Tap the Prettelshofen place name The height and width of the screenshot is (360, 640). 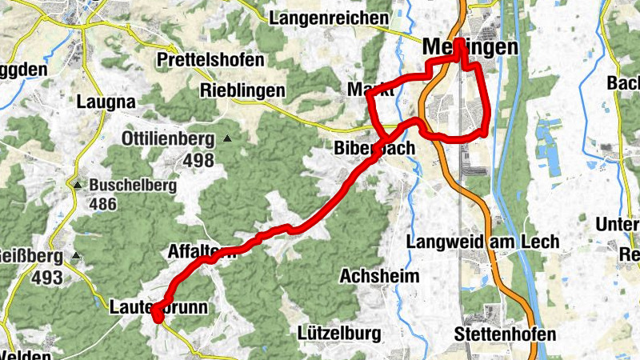(210, 60)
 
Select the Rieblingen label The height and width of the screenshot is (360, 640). (243, 90)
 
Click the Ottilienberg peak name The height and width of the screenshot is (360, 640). (168, 139)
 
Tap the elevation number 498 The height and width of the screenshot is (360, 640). (198, 160)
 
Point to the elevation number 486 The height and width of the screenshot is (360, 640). (103, 204)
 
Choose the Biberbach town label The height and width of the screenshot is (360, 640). (374, 149)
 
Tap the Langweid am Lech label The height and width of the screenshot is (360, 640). (482, 242)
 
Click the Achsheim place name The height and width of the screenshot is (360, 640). (379, 276)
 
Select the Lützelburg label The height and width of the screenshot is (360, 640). (336, 332)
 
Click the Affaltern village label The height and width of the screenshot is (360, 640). (202, 251)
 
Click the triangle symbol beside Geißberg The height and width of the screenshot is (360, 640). (76, 256)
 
